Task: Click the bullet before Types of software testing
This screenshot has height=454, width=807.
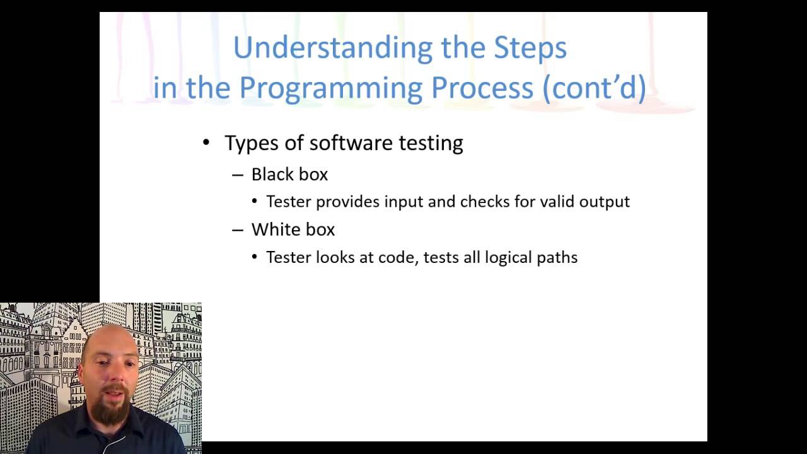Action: point(206,143)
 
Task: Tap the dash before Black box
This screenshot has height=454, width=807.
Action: point(238,175)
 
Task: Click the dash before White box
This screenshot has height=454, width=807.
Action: point(238,230)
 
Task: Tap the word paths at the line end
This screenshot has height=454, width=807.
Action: point(557,257)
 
